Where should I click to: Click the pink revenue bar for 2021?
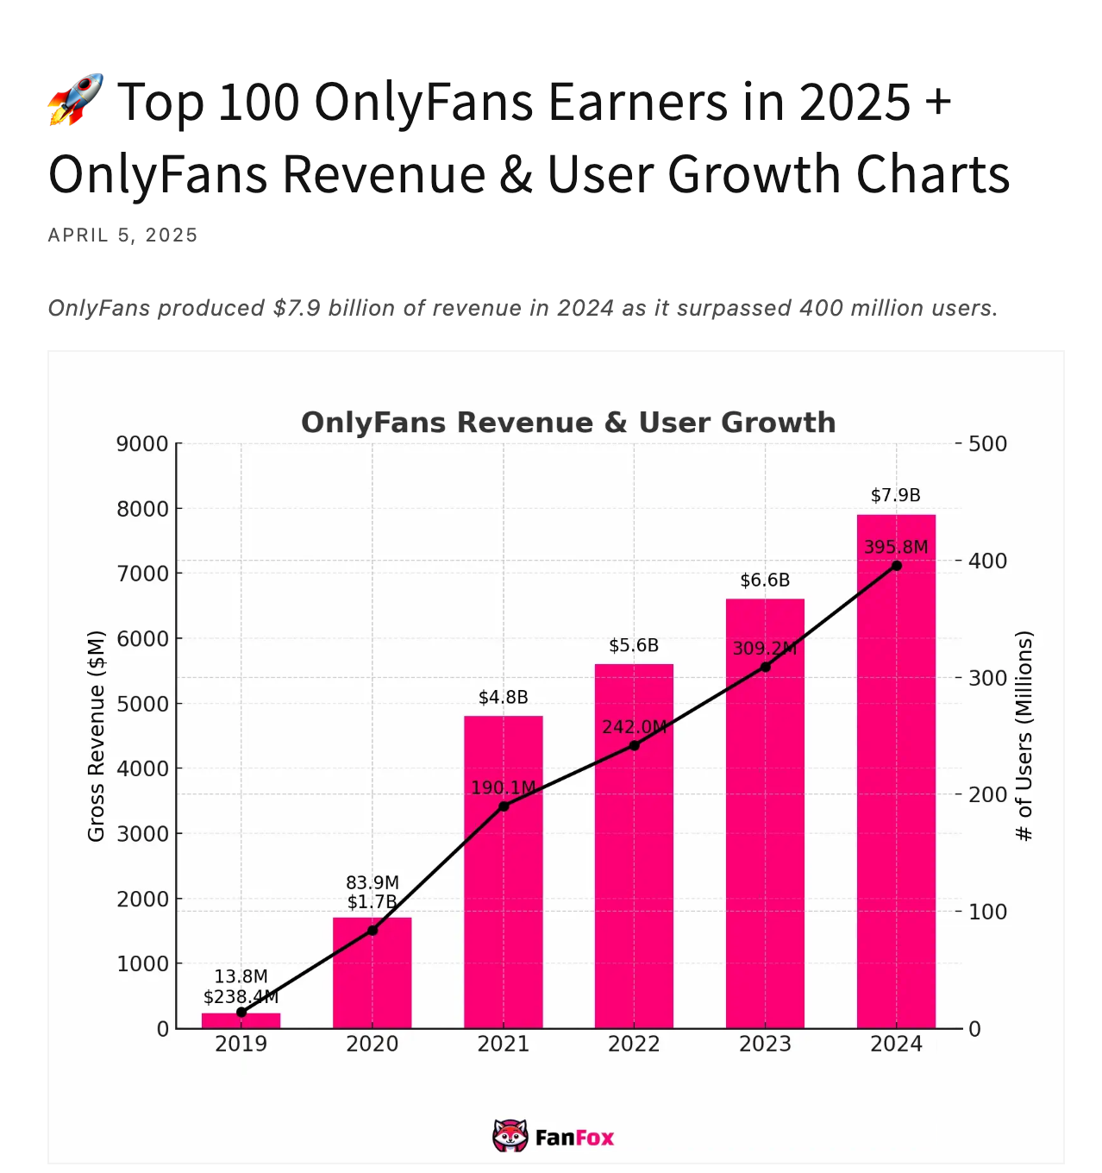click(x=503, y=914)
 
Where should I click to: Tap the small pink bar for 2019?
click(x=241, y=1020)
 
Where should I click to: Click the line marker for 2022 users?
click(x=634, y=745)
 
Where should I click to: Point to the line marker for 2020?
click(x=373, y=930)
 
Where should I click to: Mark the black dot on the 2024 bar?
click(x=897, y=566)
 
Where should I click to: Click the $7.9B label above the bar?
click(x=895, y=495)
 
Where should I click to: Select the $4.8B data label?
click(x=503, y=697)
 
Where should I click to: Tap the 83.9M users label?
click(x=373, y=882)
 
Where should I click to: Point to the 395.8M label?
click(x=896, y=547)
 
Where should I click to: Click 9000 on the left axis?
click(x=142, y=443)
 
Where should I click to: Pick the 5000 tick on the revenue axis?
click(x=142, y=704)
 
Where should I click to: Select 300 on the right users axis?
click(x=987, y=678)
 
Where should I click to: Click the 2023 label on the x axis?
click(x=765, y=1044)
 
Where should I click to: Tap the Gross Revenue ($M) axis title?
click(x=96, y=736)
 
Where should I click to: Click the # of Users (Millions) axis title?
click(x=1024, y=736)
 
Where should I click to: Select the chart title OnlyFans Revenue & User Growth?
click(x=568, y=423)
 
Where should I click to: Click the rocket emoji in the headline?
click(x=76, y=100)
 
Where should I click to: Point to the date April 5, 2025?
click(x=123, y=235)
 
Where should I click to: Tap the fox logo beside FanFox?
click(x=510, y=1137)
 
